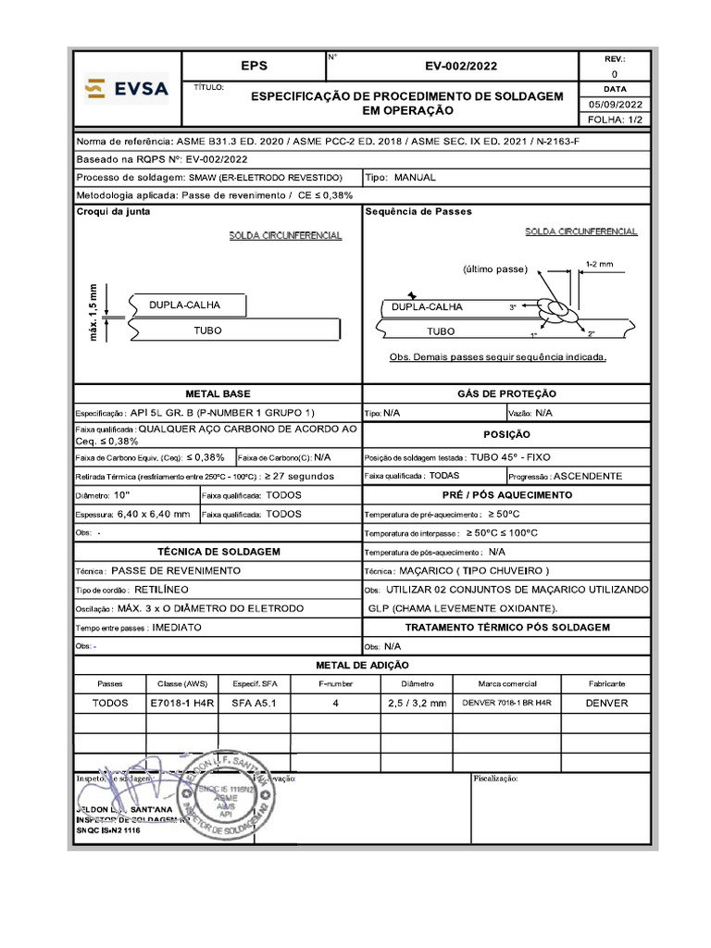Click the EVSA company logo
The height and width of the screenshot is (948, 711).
(x=126, y=89)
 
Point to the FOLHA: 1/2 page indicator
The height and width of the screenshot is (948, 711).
(x=613, y=120)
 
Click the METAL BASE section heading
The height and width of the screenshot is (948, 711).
(x=218, y=393)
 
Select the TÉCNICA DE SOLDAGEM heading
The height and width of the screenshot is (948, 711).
(x=218, y=551)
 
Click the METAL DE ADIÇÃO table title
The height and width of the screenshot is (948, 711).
(x=362, y=665)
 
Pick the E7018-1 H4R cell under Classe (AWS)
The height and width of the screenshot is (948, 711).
(x=182, y=703)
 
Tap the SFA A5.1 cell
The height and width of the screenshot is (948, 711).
(x=254, y=703)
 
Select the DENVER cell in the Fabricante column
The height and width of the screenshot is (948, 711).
(x=606, y=703)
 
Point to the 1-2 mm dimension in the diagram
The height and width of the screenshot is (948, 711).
(x=600, y=264)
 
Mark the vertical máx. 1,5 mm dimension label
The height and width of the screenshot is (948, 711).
(x=94, y=310)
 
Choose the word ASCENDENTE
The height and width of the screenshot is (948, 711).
(x=588, y=476)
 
